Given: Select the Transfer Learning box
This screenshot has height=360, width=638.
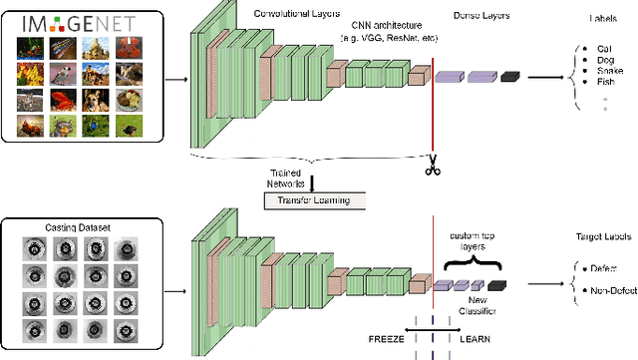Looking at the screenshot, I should pyautogui.click(x=314, y=200).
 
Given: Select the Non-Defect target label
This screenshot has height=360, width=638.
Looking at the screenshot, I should pyautogui.click(x=609, y=291).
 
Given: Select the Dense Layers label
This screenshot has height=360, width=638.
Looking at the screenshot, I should pyautogui.click(x=468, y=15).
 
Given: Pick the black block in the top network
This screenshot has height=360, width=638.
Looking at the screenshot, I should pyautogui.click(x=511, y=75).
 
